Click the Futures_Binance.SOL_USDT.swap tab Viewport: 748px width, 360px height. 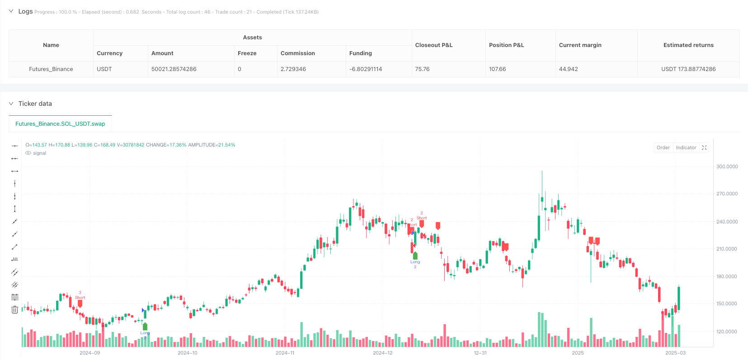point(60,123)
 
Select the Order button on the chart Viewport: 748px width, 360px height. point(663,147)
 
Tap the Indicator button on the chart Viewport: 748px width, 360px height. point(686,147)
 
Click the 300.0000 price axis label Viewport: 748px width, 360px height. point(727,166)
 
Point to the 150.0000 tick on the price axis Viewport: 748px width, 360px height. point(727,303)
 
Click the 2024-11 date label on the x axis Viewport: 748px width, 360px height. point(285,353)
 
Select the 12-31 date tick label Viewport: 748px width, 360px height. point(480,353)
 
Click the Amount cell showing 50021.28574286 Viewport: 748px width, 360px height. point(174,69)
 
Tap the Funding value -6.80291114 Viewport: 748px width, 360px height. point(366,69)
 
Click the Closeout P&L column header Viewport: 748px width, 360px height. point(434,45)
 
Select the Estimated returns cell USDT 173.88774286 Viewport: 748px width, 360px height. point(688,69)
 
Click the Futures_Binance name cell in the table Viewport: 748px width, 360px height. point(51,69)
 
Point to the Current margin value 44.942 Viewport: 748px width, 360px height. point(569,69)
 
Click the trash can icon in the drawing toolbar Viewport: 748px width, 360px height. point(15,310)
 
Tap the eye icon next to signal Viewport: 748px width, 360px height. point(28,153)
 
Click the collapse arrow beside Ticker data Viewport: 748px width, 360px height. point(11,104)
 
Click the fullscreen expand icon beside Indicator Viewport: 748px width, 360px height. point(704,147)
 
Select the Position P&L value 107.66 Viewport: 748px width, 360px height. point(498,69)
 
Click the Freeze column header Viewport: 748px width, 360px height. point(247,53)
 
